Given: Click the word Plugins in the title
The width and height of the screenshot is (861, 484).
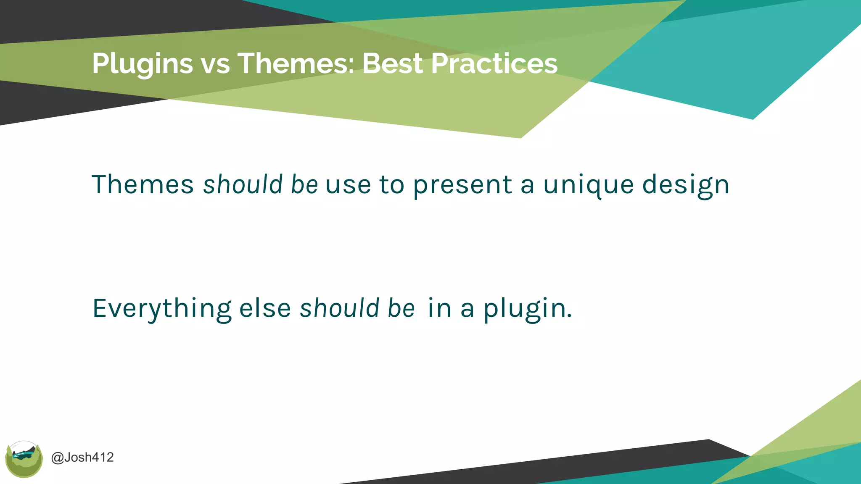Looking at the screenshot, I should (x=142, y=64).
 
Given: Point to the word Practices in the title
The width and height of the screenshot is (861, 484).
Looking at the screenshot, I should (x=494, y=64).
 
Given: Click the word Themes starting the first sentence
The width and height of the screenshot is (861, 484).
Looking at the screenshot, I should (x=143, y=184).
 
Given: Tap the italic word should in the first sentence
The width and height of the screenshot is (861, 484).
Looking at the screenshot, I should (x=243, y=184).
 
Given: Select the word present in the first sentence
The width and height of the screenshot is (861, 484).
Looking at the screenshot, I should (x=462, y=185).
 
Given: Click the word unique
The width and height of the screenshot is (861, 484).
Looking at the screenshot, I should (x=588, y=185).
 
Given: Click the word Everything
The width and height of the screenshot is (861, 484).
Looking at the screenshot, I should (x=162, y=309).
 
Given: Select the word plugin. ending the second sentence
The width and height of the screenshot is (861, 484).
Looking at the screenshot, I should (x=528, y=309).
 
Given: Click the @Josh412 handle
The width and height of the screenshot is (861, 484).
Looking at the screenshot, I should (x=82, y=457).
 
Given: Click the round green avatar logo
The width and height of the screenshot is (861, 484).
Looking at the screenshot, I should (x=24, y=459).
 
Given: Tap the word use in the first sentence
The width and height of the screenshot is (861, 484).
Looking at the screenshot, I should (x=348, y=185).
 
